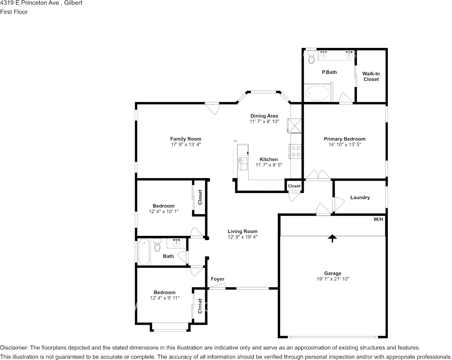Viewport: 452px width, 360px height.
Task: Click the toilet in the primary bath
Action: (312, 58)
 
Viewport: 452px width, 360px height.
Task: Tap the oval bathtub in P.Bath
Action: (318, 92)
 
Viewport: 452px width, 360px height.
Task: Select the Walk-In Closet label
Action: (371, 76)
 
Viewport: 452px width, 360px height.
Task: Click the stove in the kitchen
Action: (295, 151)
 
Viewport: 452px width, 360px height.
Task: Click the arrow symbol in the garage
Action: (333, 238)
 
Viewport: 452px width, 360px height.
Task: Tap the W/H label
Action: (378, 220)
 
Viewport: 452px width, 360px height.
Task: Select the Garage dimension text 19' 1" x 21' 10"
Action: (333, 279)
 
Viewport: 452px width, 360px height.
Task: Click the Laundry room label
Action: (360, 198)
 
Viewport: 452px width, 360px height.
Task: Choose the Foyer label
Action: (218, 279)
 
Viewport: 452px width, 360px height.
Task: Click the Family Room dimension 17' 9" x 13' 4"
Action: (186, 145)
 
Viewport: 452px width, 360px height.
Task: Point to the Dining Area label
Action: (264, 116)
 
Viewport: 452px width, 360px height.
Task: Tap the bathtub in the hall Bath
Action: (144, 252)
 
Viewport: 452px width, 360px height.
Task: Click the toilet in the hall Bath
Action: (157, 245)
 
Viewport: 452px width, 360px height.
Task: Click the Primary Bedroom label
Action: (344, 139)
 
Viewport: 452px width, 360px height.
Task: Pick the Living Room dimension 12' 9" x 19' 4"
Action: (242, 237)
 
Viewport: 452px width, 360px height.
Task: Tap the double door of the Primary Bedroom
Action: (318, 175)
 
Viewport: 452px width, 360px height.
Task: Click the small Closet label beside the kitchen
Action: (294, 186)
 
